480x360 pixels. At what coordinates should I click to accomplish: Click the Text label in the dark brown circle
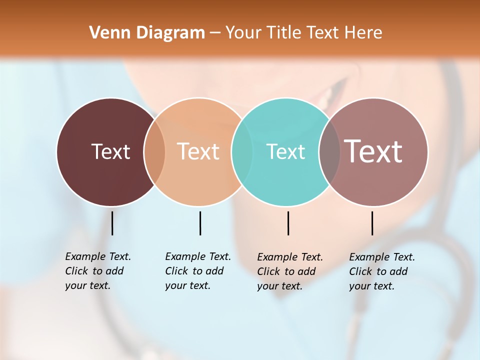point(110,151)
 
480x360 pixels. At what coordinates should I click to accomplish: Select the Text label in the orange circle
point(198,151)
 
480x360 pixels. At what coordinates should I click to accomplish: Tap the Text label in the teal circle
point(285,151)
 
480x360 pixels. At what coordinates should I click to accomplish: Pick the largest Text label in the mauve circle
point(373,151)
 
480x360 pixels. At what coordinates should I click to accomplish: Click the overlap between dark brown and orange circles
point(154,151)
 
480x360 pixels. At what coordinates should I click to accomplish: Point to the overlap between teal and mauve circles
point(329,151)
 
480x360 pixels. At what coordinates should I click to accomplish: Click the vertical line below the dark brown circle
point(112,223)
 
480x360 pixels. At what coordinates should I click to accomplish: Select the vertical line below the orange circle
point(200,223)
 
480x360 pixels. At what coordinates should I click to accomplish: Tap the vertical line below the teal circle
point(288,223)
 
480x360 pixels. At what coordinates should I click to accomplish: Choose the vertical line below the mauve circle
point(372,223)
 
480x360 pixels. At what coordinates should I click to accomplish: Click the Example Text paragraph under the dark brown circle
point(97,271)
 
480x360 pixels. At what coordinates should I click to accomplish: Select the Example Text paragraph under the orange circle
point(197,271)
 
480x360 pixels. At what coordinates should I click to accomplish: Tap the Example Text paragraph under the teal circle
point(289,271)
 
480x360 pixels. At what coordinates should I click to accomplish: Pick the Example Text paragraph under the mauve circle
point(381,271)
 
